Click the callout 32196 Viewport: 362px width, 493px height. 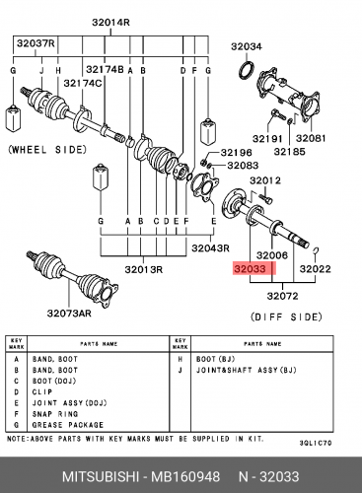click(236, 153)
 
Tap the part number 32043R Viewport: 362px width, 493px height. click(210, 247)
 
